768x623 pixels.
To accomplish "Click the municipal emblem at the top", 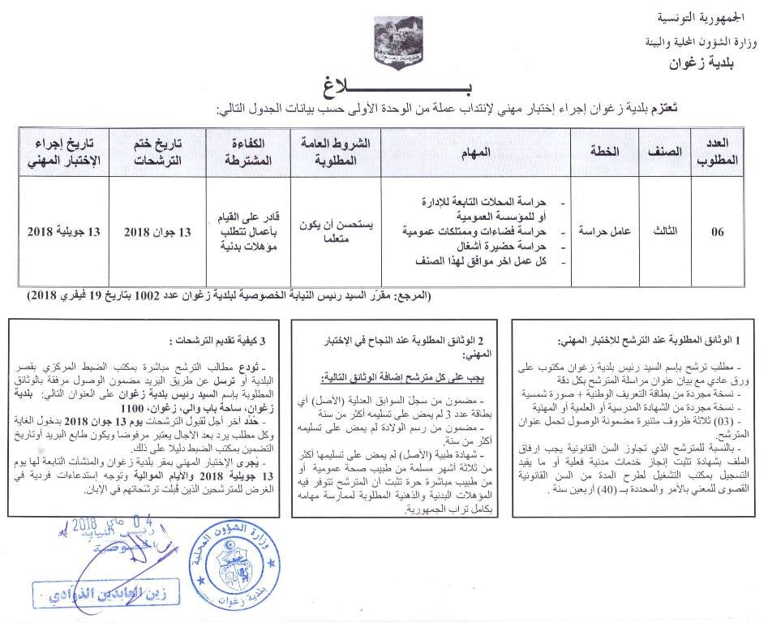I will (384, 44).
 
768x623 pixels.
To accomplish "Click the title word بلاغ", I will (386, 84).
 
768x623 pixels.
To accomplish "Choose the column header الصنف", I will (667, 151).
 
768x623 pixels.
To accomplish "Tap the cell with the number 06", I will (718, 232).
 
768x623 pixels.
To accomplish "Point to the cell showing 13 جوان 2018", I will (159, 232).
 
